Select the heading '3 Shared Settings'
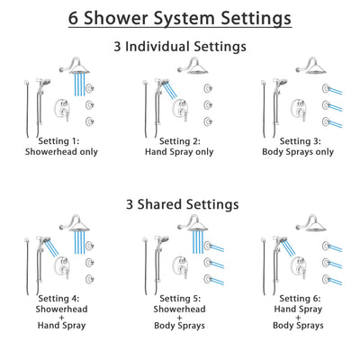pos(180,204)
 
